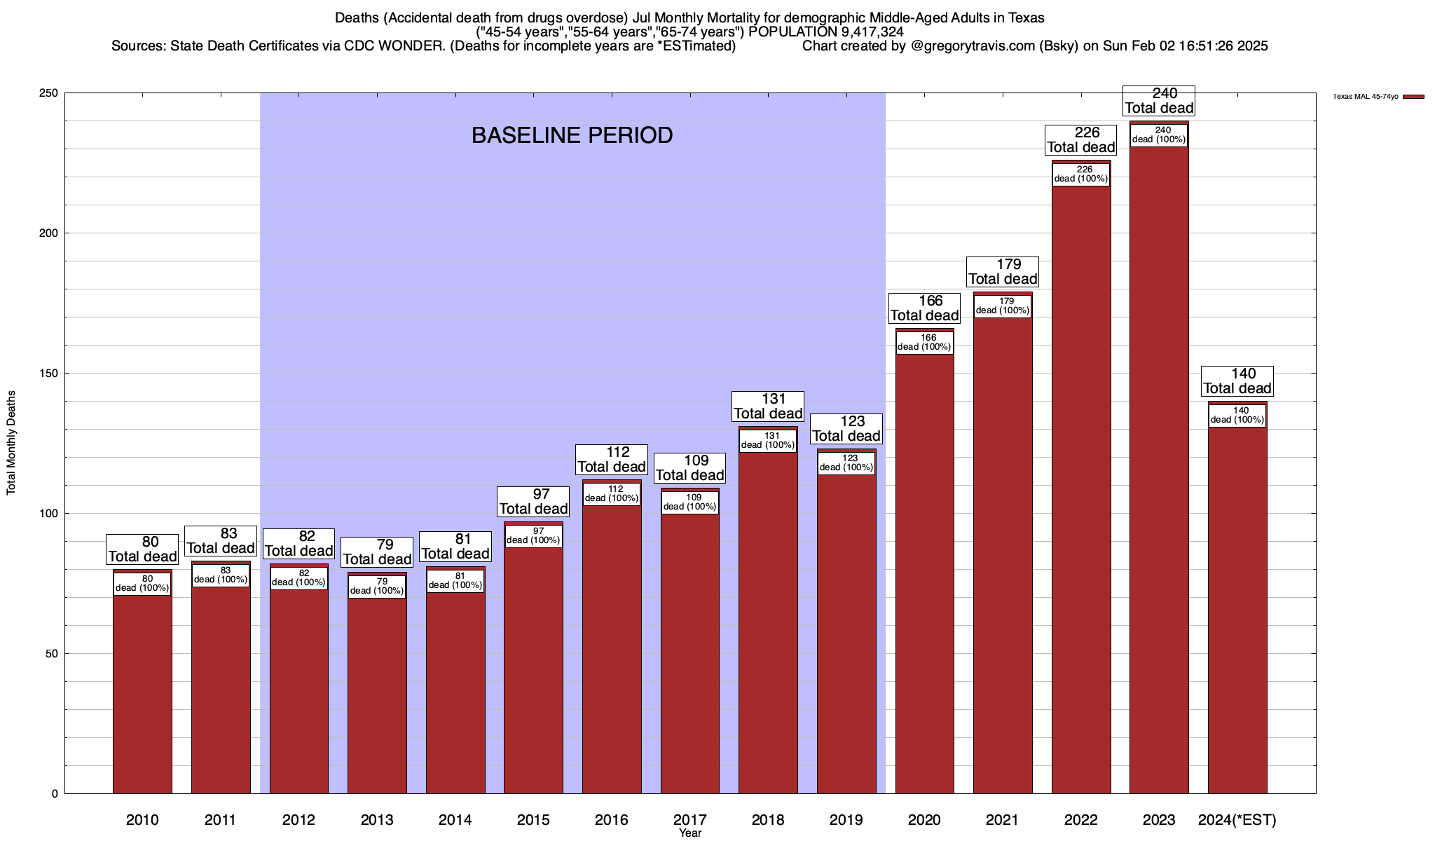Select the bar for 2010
142,694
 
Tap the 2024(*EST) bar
1237,610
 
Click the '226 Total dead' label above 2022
1080,140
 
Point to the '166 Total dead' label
924,308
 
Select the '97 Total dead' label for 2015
533,502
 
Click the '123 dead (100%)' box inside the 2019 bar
846,463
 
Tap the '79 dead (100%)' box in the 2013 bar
377,587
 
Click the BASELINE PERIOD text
572,135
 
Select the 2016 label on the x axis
612,820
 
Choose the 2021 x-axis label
1003,820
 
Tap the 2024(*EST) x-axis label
1237,820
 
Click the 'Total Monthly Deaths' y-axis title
11,443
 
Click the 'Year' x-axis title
690,833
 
